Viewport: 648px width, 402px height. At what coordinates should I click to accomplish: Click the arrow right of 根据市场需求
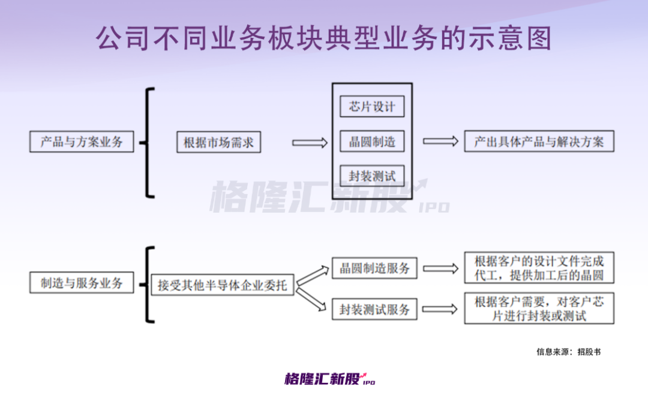[x=310, y=143]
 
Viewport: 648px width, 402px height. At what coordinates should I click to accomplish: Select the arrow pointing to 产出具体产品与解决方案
[x=440, y=141]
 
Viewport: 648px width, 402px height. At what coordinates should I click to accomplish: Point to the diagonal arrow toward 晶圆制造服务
[x=313, y=276]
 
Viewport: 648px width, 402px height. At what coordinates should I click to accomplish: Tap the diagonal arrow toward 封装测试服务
[x=311, y=299]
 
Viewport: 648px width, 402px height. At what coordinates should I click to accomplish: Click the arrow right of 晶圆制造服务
[x=440, y=269]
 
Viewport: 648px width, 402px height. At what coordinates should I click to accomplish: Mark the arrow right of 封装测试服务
[x=440, y=309]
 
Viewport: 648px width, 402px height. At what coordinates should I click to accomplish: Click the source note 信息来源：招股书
[x=568, y=352]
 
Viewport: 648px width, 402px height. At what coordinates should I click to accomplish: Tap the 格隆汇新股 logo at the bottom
[x=330, y=379]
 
